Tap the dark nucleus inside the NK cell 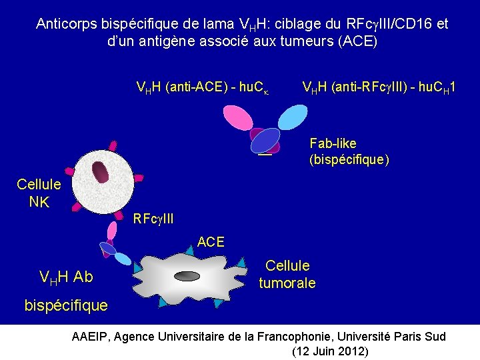click(101, 173)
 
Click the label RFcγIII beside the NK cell click(153, 218)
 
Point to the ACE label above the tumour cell click(211, 242)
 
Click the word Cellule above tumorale click(287, 265)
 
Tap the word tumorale click(287, 283)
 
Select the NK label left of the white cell click(39, 201)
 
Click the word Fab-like click(333, 143)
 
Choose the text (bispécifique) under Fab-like click(349, 160)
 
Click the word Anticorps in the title click(67, 25)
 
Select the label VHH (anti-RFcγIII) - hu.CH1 click(383, 87)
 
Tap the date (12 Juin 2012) click(330, 351)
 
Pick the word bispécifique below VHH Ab click(65, 305)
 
